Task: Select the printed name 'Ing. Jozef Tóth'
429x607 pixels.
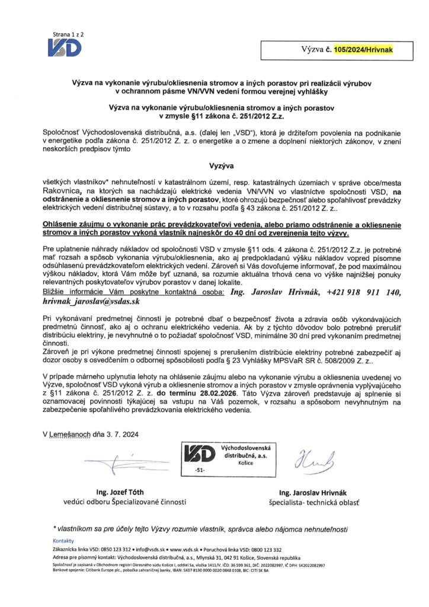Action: pyautogui.click(x=120, y=492)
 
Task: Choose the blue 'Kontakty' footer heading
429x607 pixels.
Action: pyautogui.click(x=63, y=541)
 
